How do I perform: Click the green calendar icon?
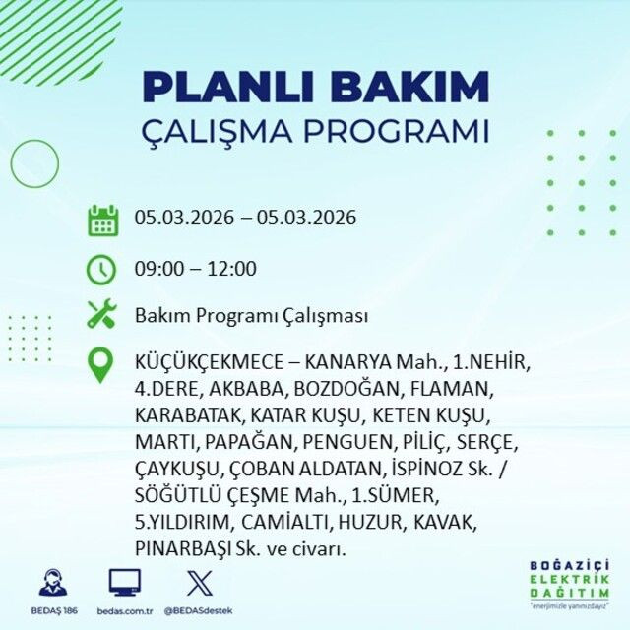pyautogui.click(x=102, y=219)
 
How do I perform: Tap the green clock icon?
pyautogui.click(x=102, y=269)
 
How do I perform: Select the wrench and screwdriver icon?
pyautogui.click(x=102, y=316)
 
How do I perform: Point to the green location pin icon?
pyautogui.click(x=102, y=365)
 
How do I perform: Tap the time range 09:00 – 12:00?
pyautogui.click(x=196, y=269)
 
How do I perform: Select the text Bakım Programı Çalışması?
pyautogui.click(x=251, y=317)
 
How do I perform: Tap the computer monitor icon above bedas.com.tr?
pyautogui.click(x=125, y=584)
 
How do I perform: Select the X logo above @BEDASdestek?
pyautogui.click(x=199, y=584)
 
